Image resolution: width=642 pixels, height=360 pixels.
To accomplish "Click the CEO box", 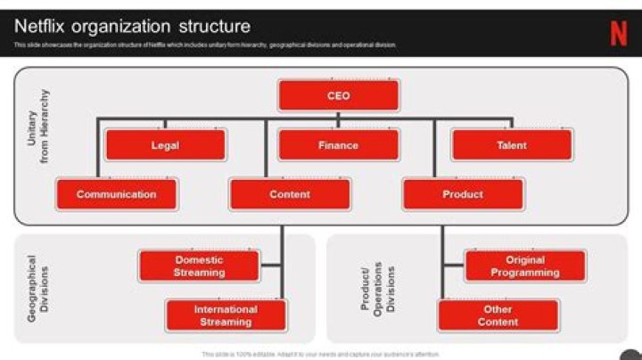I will pos(338,95).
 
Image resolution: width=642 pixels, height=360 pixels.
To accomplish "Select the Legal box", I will pos(165,145).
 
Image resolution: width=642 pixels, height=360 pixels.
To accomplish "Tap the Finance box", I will pos(338,145).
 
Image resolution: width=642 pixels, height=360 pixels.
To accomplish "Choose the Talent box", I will pos(511,145).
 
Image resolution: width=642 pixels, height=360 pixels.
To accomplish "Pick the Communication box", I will pos(116,194).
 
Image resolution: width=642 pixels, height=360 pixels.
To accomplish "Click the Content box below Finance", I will pos(290,194).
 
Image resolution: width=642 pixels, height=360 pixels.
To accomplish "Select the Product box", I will pos(463,194).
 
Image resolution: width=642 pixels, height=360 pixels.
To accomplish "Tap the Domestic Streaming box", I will pos(199,266).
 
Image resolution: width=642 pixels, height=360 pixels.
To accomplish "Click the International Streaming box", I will pos(226,315).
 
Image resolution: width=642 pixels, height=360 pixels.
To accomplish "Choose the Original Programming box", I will pos(524,266).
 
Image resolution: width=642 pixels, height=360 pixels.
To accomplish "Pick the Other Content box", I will pos(498,315).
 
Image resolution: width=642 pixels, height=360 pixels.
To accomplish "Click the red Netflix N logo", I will pos(618,33).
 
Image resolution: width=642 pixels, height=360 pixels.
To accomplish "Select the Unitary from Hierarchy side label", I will pos(38,127).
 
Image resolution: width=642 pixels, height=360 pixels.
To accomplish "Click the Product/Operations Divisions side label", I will pos(377,289).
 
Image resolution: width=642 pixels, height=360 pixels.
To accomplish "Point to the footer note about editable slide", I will pos(321,354).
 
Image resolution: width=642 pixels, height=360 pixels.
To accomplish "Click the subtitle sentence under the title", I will pos(205,45).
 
